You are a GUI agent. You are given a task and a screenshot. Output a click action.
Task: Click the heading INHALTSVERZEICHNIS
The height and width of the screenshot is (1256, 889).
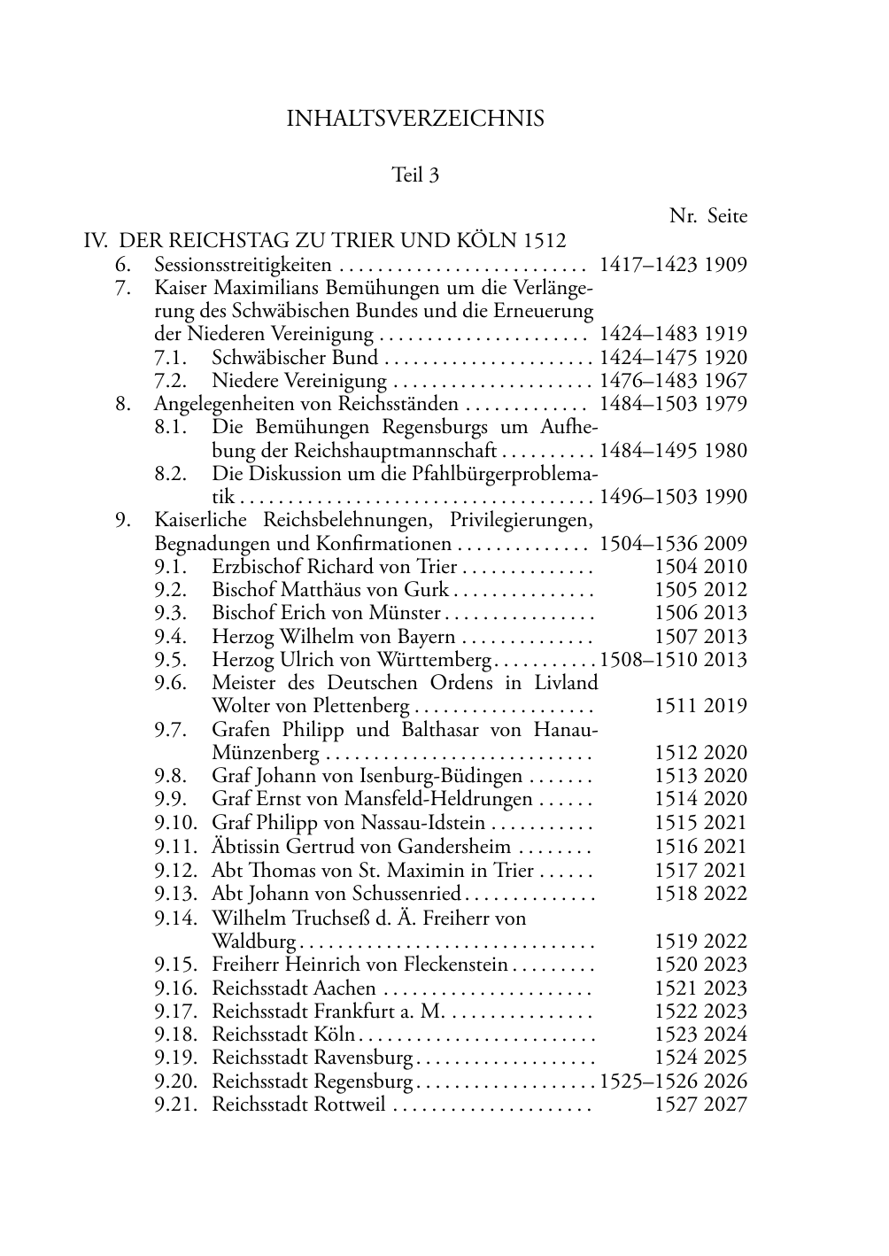tap(415, 119)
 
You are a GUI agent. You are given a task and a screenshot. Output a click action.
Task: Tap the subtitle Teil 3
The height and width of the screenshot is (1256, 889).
tap(415, 175)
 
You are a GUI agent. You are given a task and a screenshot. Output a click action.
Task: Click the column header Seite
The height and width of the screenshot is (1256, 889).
tap(727, 217)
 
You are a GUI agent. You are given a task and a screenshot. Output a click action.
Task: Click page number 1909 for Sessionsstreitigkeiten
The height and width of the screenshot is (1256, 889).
tap(726, 265)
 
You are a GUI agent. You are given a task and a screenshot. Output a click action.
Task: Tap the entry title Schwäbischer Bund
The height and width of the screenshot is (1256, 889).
tap(295, 358)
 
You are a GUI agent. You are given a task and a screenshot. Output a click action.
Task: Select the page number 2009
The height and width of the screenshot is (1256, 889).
tap(726, 544)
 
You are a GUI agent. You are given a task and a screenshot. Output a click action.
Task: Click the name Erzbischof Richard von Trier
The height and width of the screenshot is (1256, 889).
tap(335, 567)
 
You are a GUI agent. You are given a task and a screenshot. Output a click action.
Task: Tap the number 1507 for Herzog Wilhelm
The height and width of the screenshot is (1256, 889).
tap(676, 637)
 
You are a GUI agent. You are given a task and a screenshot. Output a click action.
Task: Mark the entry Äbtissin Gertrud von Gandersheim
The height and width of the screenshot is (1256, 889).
tap(361, 847)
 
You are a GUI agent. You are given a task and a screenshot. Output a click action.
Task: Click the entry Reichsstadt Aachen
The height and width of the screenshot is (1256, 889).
tap(294, 989)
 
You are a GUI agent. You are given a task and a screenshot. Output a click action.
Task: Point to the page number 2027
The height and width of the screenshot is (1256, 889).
tap(726, 1105)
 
